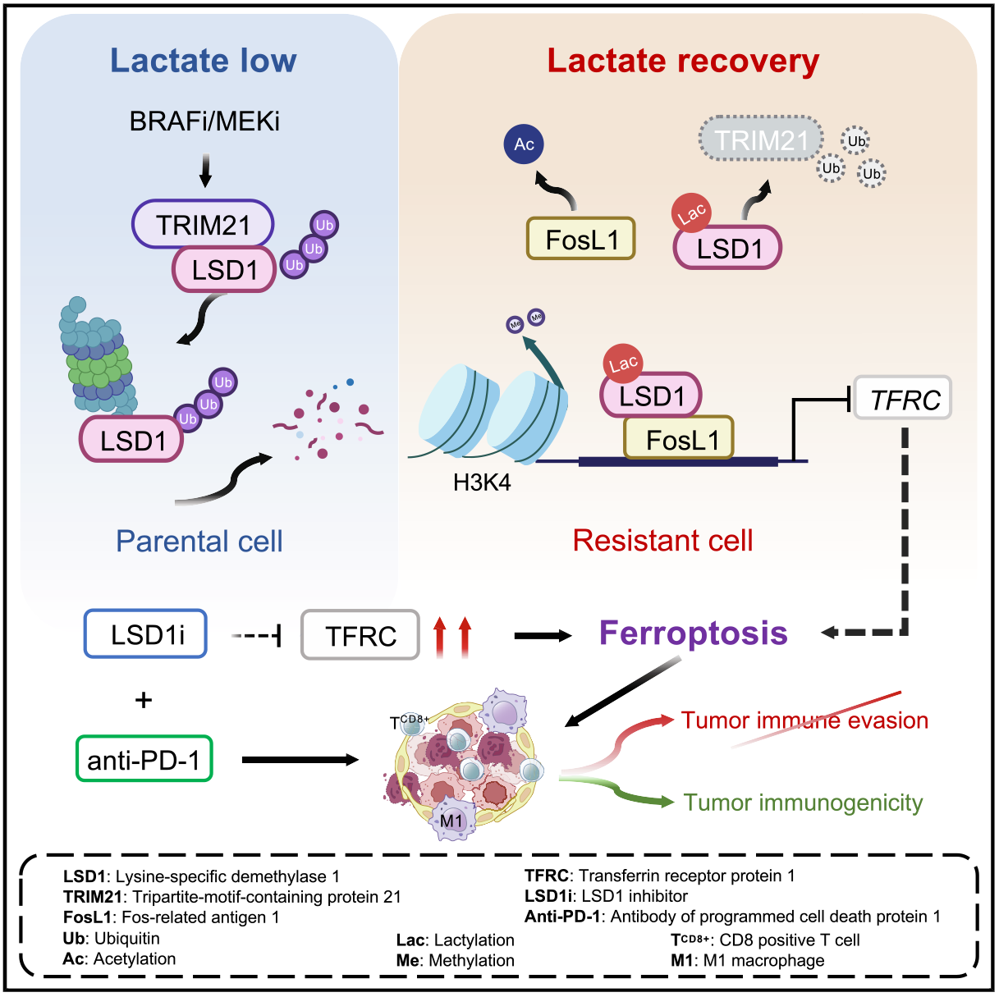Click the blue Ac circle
[524, 144]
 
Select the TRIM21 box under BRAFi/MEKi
[203, 224]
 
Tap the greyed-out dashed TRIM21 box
[761, 139]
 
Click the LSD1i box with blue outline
[145, 634]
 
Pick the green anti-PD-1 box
[144, 759]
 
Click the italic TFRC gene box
[902, 399]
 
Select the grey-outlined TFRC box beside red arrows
[360, 635]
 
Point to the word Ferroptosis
[693, 633]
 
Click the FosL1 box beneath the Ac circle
[580, 240]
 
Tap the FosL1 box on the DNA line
[679, 439]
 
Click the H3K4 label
[482, 482]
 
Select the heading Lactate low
[203, 61]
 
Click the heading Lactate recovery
[683, 61]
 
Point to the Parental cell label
[199, 541]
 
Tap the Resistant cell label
[662, 540]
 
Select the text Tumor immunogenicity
[803, 802]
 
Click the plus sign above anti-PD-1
[144, 700]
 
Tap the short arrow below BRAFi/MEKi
[205, 169]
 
